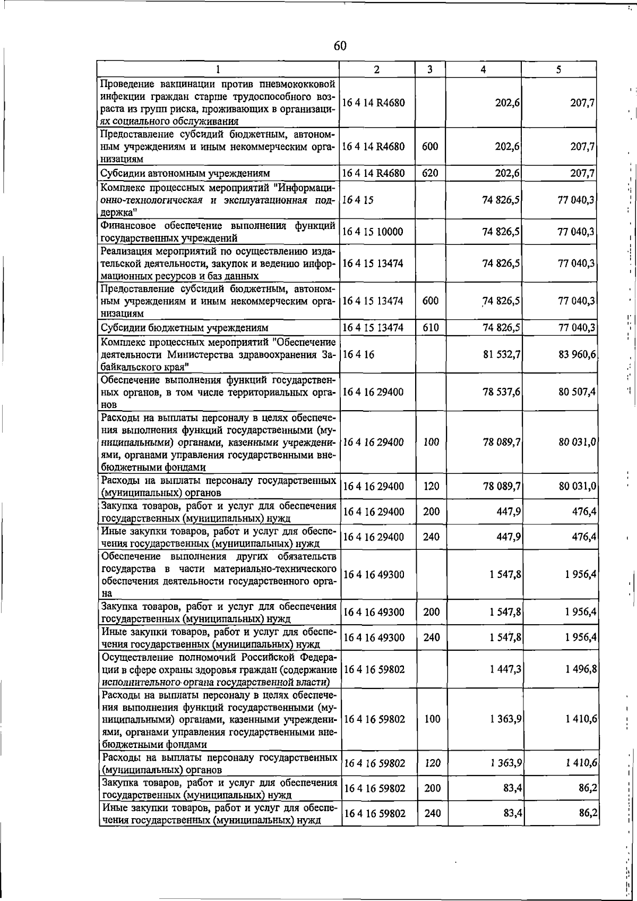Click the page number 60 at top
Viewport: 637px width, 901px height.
pyautogui.click(x=340, y=46)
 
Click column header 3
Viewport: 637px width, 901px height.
pyautogui.click(x=429, y=70)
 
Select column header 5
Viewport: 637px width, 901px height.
pyautogui.click(x=558, y=70)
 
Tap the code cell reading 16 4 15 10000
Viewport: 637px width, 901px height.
pyautogui.click(x=373, y=232)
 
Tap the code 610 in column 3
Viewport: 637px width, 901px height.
pyautogui.click(x=431, y=328)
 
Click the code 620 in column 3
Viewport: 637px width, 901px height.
pyautogui.click(x=430, y=173)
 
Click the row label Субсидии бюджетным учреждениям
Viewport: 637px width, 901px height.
pyautogui.click(x=184, y=328)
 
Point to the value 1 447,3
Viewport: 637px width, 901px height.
pyautogui.click(x=505, y=669)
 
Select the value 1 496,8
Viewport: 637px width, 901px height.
pyautogui.click(x=581, y=669)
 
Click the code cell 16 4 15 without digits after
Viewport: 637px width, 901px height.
pyautogui.click(x=358, y=200)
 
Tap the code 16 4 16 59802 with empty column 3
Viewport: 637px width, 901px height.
pyautogui.click(x=374, y=669)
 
